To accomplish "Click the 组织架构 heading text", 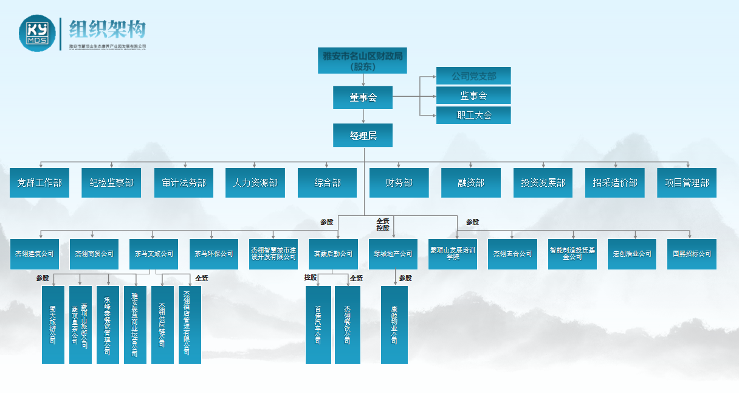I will (x=108, y=29).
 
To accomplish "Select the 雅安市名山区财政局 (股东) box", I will (x=363, y=61).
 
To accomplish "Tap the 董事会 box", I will (x=363, y=97).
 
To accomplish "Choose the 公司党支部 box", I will (x=473, y=76).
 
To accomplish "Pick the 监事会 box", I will (x=473, y=96).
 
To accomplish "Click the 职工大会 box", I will (x=473, y=115).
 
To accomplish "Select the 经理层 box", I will (x=363, y=136).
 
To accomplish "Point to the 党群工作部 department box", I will (x=40, y=183).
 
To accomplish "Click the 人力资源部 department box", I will (x=255, y=183).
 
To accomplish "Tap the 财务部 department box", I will (x=399, y=183).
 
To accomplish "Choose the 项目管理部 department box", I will (x=687, y=183).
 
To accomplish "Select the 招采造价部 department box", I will (x=615, y=183).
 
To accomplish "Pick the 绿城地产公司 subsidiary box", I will (x=393, y=254).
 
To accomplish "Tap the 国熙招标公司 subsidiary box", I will (x=692, y=254).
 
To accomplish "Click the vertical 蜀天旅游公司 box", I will (x=53, y=324).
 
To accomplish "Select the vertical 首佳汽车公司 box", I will (x=318, y=324).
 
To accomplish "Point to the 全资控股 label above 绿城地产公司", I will (x=383, y=224).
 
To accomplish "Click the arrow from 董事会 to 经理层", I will (x=363, y=117).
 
